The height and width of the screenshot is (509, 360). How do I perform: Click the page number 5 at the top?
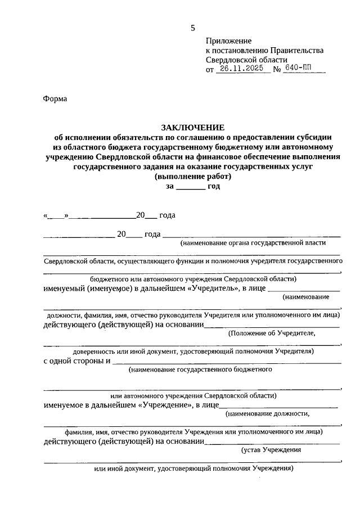coord(193,28)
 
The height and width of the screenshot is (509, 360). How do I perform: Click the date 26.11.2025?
coord(240,70)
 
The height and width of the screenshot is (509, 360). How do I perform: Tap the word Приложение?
coord(229,41)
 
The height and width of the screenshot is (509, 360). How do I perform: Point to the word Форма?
coord(55,99)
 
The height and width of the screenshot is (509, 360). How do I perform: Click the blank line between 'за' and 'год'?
coord(191,188)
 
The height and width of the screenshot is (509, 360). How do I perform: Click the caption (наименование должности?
coord(267,414)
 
